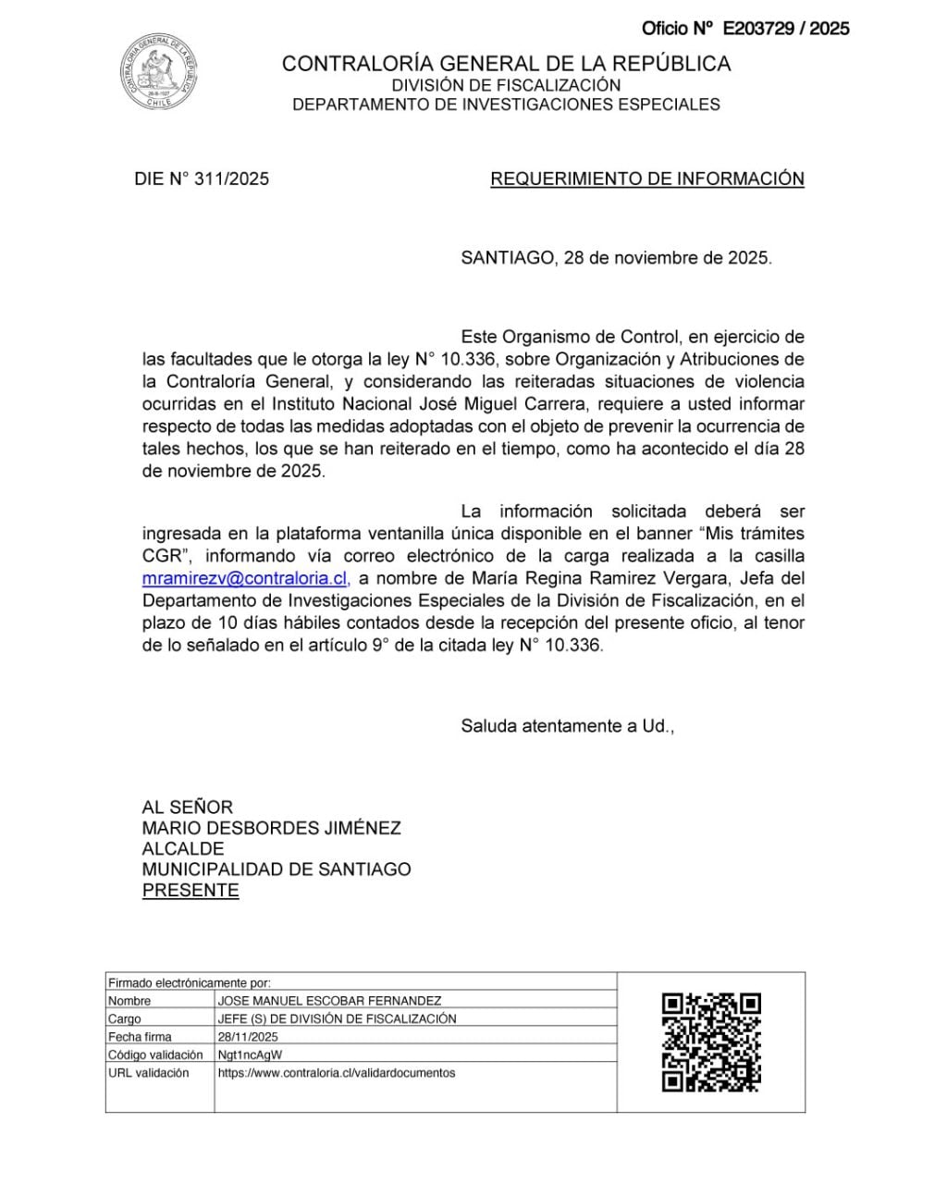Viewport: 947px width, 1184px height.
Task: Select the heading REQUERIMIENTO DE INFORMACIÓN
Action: [646, 179]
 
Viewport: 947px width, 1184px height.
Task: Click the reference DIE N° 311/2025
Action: [202, 179]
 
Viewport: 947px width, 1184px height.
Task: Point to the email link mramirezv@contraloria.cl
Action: [245, 578]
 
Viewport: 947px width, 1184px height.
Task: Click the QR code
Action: [711, 1042]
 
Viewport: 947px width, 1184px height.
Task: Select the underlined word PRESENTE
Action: [191, 890]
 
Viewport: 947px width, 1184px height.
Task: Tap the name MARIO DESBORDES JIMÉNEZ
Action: [271, 828]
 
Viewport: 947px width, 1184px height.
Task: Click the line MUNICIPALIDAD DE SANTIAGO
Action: [277, 869]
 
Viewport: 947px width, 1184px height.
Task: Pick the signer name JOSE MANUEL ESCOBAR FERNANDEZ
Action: [329, 1001]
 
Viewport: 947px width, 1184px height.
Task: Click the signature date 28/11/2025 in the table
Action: [248, 1037]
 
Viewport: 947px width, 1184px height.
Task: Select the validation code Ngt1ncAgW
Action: [250, 1054]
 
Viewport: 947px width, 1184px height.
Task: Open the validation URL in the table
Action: [337, 1073]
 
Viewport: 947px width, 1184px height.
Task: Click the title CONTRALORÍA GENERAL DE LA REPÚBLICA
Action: [506, 64]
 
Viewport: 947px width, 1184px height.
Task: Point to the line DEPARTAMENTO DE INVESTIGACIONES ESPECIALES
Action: [506, 105]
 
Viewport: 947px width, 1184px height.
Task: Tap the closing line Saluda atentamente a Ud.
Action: [567, 726]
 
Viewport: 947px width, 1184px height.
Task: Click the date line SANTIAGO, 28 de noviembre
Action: [616, 258]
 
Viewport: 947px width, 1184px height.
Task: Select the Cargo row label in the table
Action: [125, 1018]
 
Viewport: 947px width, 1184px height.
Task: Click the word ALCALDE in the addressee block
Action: [183, 848]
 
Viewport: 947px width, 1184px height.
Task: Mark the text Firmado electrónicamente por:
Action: [190, 983]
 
